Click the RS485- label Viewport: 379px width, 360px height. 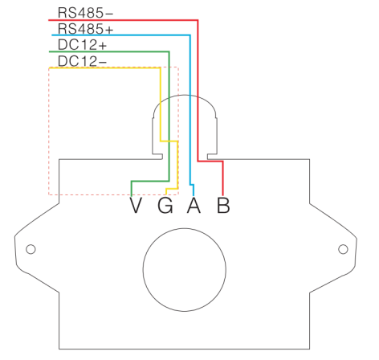85,13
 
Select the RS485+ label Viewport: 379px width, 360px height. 85,29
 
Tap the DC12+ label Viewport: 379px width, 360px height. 82,45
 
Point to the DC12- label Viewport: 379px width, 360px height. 82,61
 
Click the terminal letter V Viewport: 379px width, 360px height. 136,205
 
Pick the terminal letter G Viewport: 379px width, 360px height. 165,205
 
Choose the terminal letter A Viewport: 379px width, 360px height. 194,205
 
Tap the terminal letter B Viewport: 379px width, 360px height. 223,205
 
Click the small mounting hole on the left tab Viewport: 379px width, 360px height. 31,249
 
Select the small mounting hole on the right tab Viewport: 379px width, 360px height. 343,249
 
